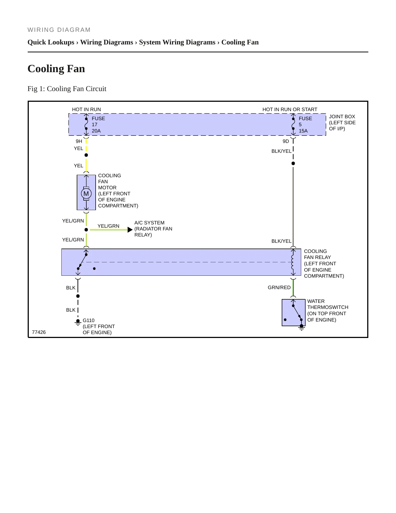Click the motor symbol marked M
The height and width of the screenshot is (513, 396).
(x=86, y=194)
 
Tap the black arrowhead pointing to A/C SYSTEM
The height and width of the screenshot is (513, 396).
(x=130, y=230)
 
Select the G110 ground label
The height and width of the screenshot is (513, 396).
(x=89, y=320)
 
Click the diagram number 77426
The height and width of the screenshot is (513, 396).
(x=39, y=332)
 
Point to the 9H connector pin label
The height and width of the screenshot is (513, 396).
(x=79, y=141)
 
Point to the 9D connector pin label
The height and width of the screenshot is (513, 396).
(x=286, y=141)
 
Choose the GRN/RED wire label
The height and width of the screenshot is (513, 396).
(x=279, y=287)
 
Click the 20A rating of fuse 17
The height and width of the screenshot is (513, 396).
(x=96, y=131)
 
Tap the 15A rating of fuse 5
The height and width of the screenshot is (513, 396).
(x=303, y=131)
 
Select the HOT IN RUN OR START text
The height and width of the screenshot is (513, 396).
(x=290, y=109)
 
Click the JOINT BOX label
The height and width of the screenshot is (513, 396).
(x=342, y=117)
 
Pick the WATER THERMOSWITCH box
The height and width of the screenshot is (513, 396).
(x=294, y=313)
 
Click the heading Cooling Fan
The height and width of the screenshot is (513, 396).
(x=56, y=69)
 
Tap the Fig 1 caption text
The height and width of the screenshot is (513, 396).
(x=67, y=89)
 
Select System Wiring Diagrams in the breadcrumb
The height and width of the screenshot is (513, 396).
(x=177, y=42)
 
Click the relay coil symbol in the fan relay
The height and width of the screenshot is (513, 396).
(x=292, y=262)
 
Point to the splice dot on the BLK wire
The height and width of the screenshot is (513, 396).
(x=78, y=296)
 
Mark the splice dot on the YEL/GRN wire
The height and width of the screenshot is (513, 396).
(x=86, y=230)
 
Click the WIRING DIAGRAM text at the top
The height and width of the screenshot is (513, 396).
(x=59, y=30)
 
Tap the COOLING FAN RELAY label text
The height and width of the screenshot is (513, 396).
(x=317, y=254)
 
